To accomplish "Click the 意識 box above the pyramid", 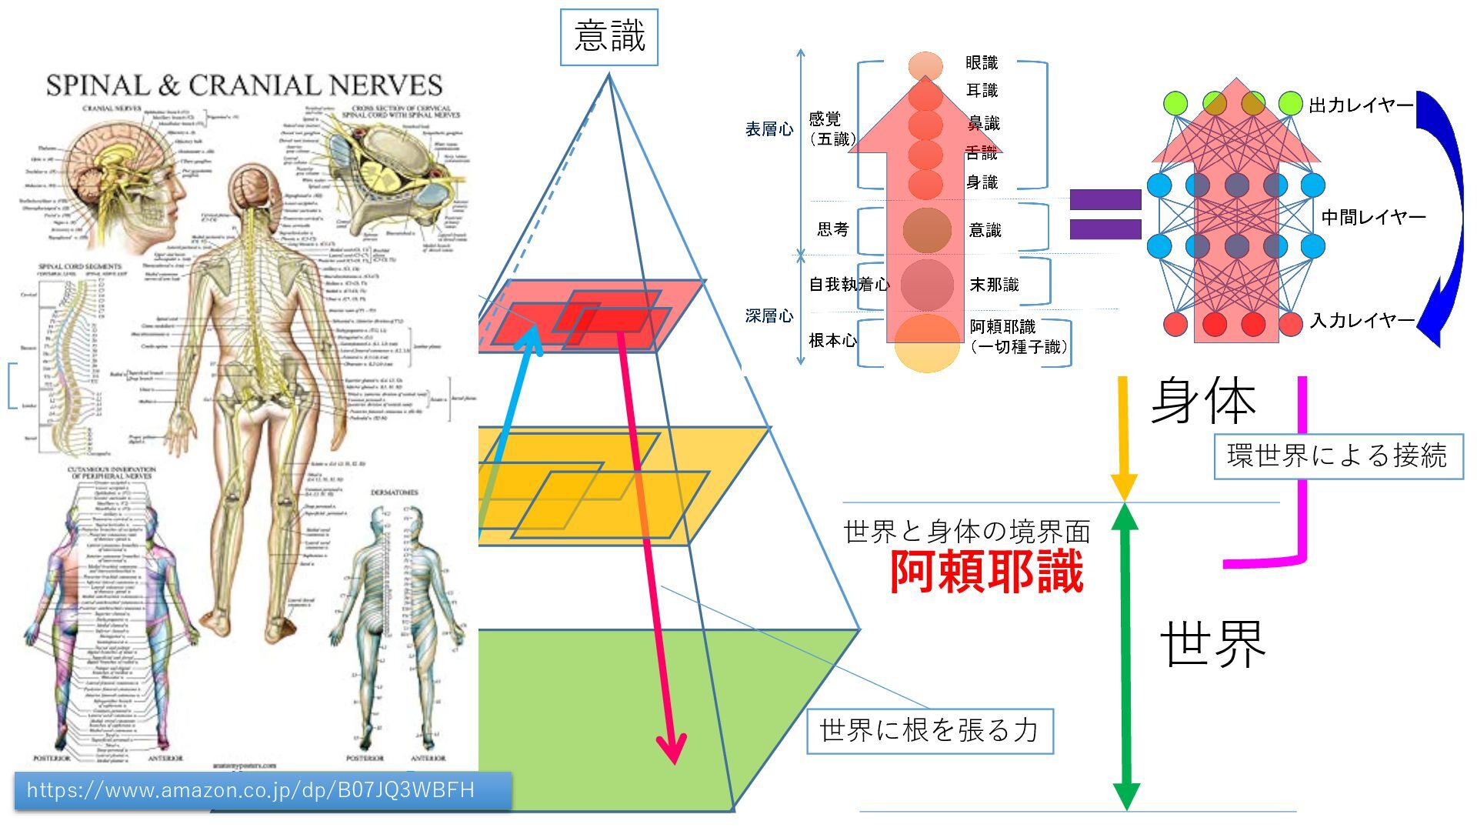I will [x=609, y=37].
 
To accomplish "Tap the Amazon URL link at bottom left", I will [x=251, y=790].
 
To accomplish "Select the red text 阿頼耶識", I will [x=987, y=572].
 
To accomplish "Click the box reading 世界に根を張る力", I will [x=929, y=730].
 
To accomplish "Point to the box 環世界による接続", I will [x=1337, y=456].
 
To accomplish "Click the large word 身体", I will [x=1203, y=401].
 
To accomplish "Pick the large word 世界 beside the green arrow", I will [x=1212, y=644].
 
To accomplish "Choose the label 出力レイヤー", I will [x=1361, y=106].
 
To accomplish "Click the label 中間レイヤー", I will [x=1373, y=218].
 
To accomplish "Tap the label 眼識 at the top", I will [x=982, y=63].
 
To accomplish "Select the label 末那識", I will [x=994, y=285].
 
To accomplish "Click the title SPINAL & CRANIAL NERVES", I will [x=244, y=85].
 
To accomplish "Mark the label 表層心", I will [x=769, y=129].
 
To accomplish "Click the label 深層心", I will [x=769, y=316].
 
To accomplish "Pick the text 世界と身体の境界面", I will [x=966, y=532].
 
